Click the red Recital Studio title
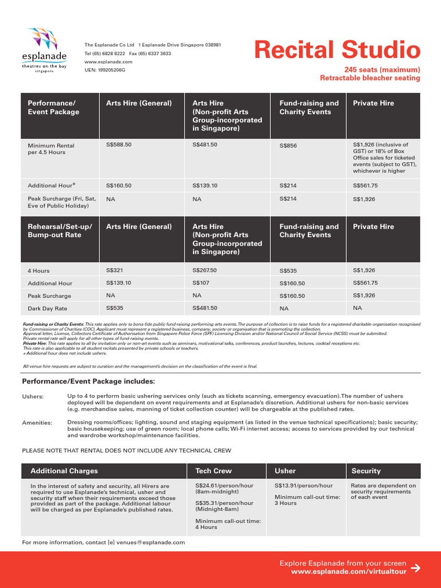tap(337, 51)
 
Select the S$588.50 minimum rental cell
tap(119, 145)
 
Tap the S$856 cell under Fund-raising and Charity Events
tap(288, 146)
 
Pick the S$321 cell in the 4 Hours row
tap(115, 270)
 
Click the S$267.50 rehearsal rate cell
tap(204, 270)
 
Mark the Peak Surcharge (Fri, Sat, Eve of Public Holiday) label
tap(58, 202)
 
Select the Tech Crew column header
tap(214, 471)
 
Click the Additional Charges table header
tap(64, 471)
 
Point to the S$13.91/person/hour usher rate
tap(303, 486)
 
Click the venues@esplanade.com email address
tap(151, 542)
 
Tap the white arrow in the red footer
tap(416, 568)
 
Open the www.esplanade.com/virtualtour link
tap(349, 572)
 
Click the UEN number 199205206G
tap(105, 69)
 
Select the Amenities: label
tap(37, 423)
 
